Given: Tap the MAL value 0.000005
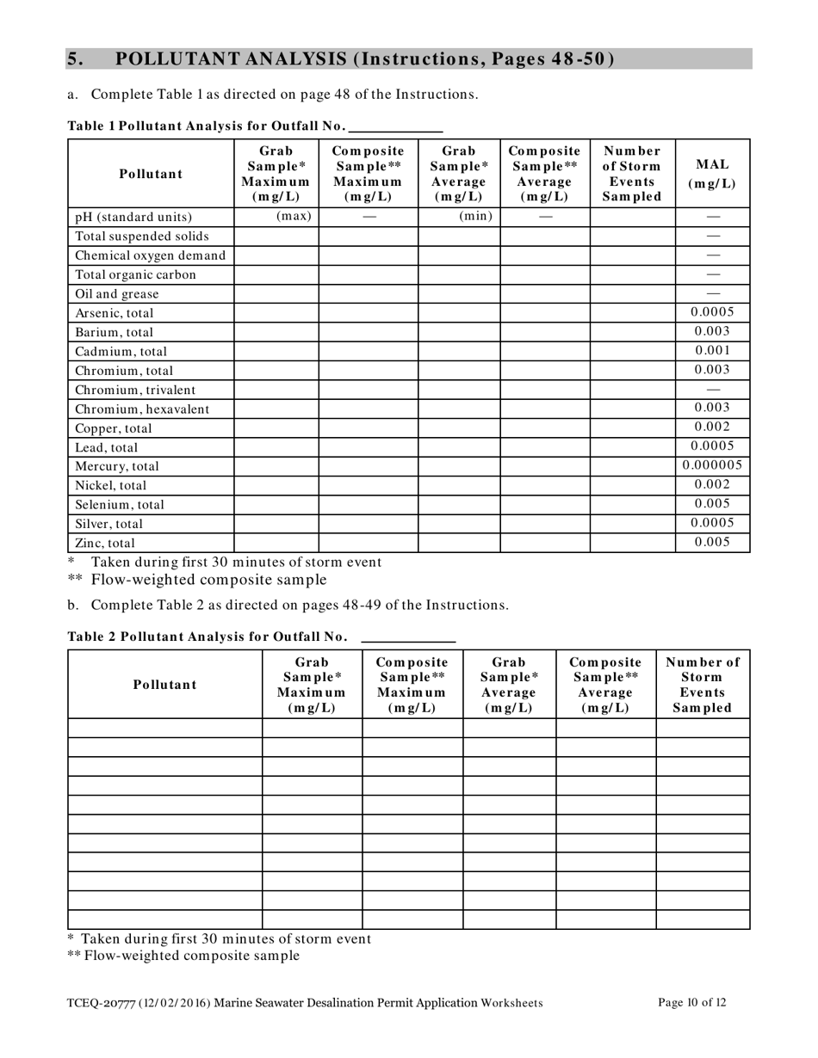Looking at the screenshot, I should coord(712,465).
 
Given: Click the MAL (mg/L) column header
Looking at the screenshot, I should coord(712,174).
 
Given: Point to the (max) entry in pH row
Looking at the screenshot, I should coord(293,216).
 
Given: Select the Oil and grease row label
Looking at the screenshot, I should coord(117,294).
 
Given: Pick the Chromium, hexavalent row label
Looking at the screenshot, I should coord(142,409).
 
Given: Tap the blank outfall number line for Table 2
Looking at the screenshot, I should coord(408,637).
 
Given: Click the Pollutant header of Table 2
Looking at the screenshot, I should coord(164,685).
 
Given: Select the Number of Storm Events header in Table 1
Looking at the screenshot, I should coord(632,173).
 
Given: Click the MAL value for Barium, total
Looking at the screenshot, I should coord(712,331).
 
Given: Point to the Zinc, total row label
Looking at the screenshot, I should coord(105,543).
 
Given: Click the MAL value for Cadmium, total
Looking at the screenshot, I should coord(712,350).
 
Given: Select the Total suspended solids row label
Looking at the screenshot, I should coord(142,237).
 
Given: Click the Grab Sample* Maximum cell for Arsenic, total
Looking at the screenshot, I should coord(276,313).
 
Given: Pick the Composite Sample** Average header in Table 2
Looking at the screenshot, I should coord(605,685).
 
